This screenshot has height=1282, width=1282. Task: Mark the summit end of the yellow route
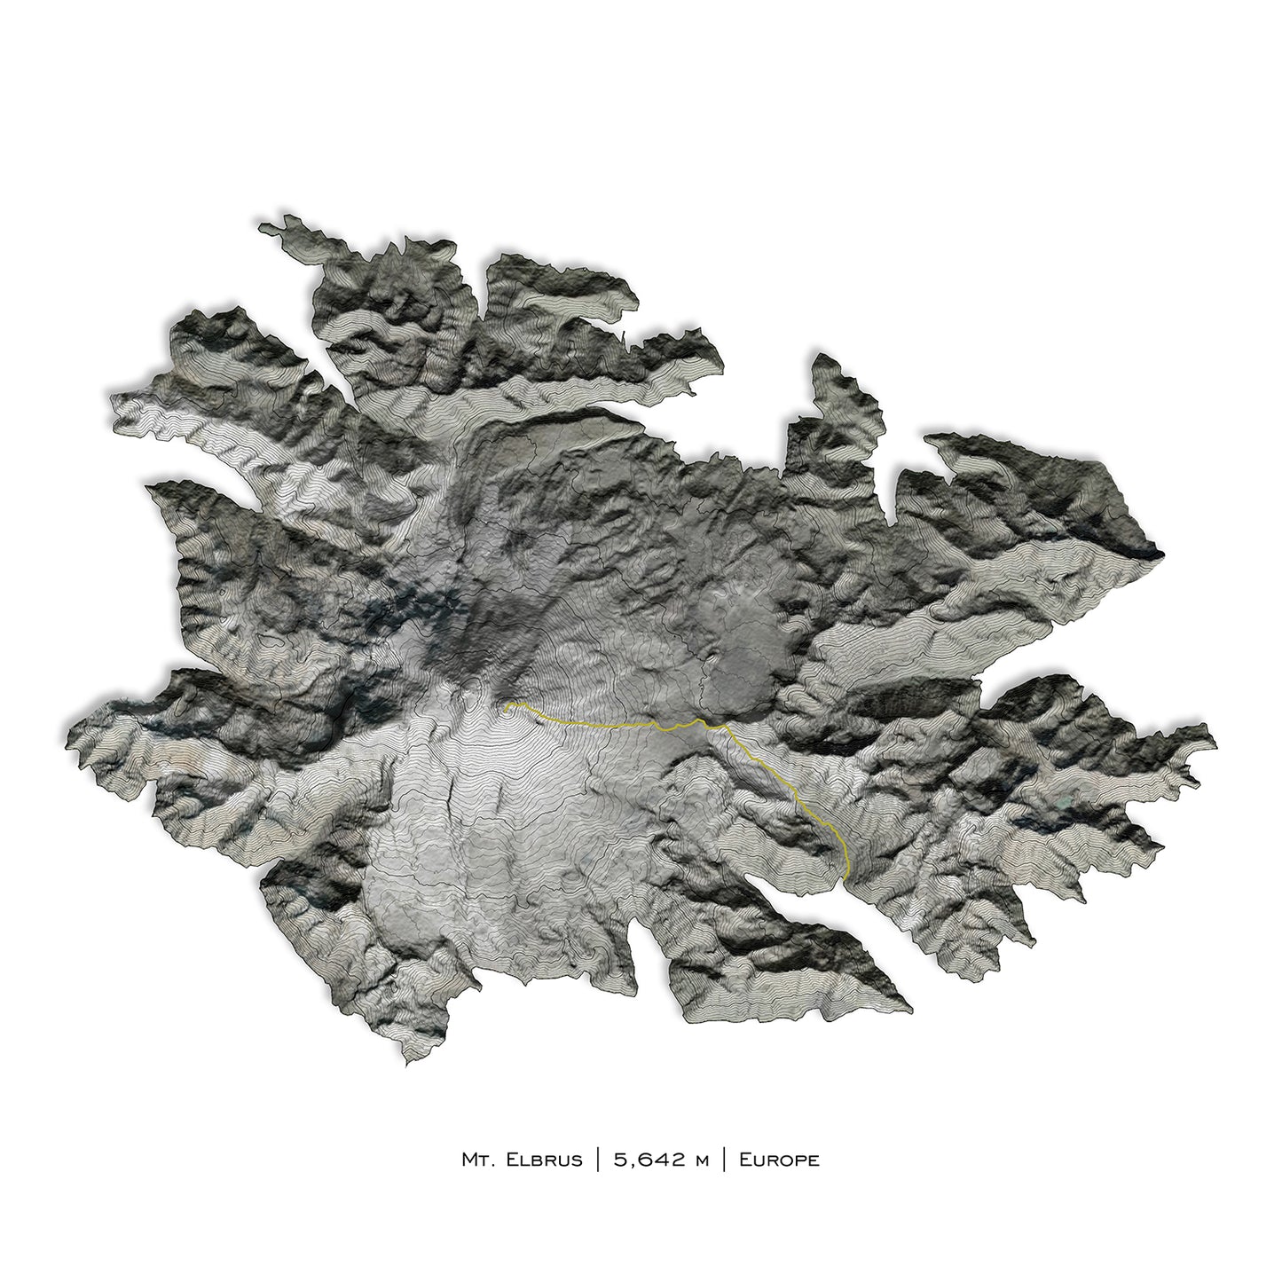pos(505,708)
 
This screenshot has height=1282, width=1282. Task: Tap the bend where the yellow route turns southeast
pos(720,725)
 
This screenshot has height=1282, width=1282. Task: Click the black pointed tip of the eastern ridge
pos(1159,553)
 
